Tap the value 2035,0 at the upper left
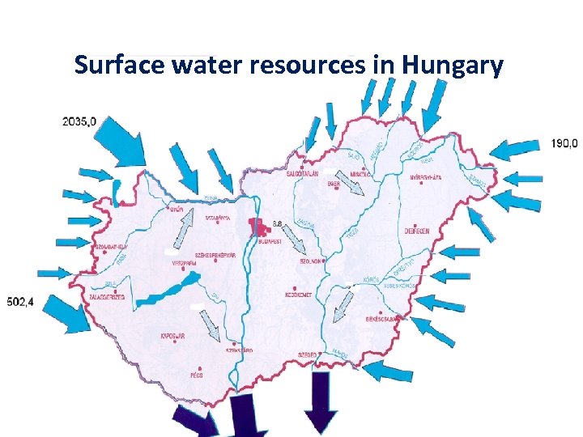tap(79, 121)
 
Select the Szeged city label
tap(306, 354)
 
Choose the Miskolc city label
tap(358, 173)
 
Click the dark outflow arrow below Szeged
tap(321, 401)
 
